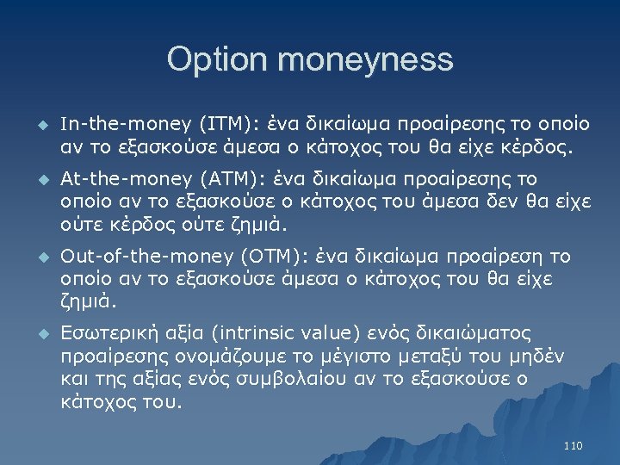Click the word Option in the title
pos(219,59)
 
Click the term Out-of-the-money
pos(135,257)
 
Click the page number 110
pos(573,445)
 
